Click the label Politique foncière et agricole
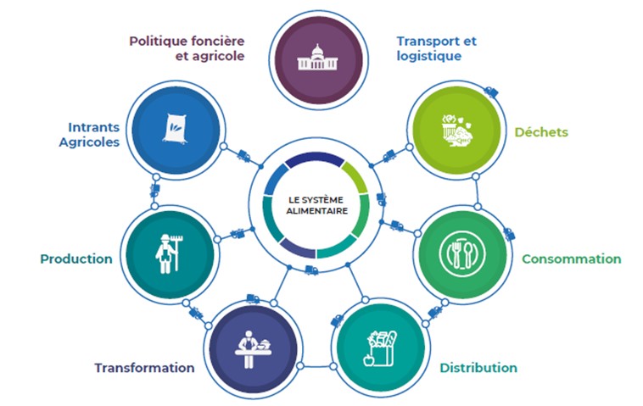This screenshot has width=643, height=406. click(187, 47)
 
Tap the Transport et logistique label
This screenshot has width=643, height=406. click(436, 47)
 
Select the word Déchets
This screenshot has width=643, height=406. click(541, 132)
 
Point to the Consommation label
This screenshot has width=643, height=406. click(571, 259)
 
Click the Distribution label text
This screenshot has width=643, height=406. click(478, 368)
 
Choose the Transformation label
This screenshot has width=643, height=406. click(144, 368)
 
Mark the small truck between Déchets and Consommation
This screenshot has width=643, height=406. click(509, 234)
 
